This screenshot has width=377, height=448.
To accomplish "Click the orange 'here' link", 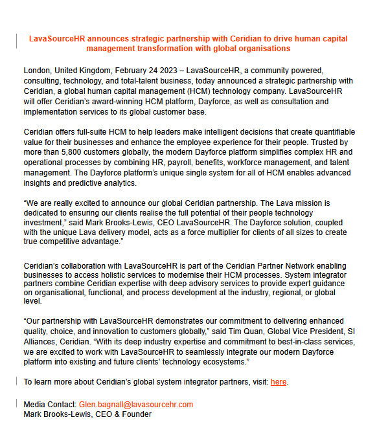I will (279, 382).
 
